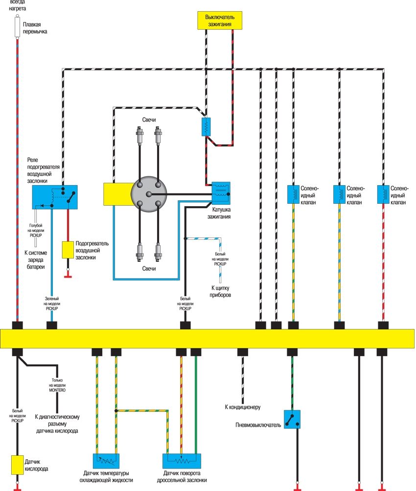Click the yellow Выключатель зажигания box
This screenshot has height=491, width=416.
point(220,21)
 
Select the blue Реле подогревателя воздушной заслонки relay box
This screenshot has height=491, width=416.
point(55,197)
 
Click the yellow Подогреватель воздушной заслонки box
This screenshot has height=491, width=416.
point(68,250)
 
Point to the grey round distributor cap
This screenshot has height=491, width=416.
point(149,194)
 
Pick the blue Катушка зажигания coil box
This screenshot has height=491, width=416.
point(221,193)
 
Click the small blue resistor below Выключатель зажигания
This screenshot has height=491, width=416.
point(206,127)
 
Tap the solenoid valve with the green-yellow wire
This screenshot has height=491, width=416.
point(293,194)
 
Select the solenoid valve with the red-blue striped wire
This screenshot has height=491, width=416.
point(383,194)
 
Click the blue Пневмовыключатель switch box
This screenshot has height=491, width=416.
point(292,419)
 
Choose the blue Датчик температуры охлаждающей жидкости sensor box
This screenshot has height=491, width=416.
point(106,461)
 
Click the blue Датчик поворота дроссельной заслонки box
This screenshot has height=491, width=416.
point(182,461)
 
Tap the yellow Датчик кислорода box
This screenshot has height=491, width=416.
point(17,465)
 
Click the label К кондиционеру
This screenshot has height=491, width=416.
point(243,407)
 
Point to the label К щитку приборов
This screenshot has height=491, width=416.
point(220,291)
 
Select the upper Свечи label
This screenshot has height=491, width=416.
point(149,120)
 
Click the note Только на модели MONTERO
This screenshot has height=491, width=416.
point(57,385)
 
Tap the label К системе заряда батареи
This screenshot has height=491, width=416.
point(36,260)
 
